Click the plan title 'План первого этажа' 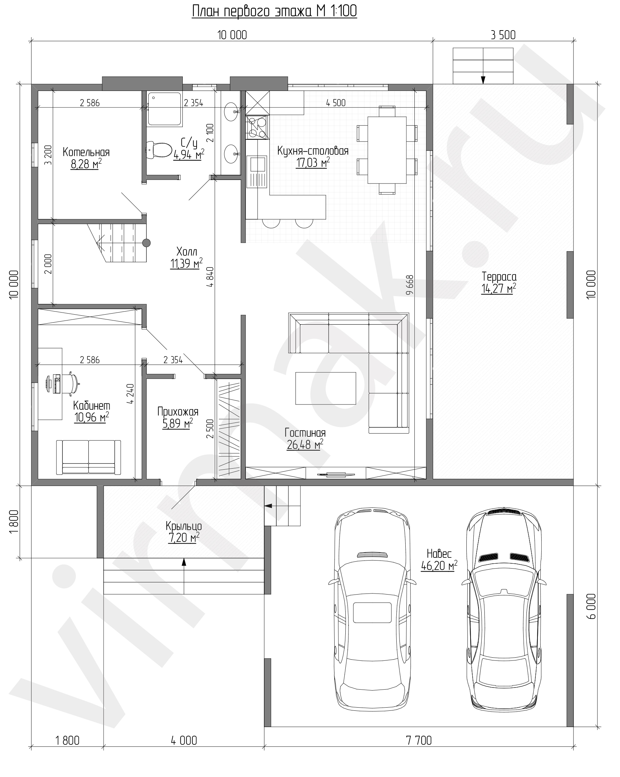point(252,11)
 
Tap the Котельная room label point(86,152)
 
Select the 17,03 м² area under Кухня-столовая point(313,163)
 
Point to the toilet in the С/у point(159,149)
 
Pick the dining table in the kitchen point(387,150)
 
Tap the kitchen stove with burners point(257,127)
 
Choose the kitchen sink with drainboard point(257,172)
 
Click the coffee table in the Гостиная point(326,388)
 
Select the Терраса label point(499,277)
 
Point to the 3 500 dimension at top point(503,35)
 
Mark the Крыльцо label point(183,526)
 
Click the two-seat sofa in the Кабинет point(88,456)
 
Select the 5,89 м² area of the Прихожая point(177,424)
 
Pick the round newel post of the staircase point(146,243)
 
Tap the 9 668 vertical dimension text point(410,285)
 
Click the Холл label point(187,251)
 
